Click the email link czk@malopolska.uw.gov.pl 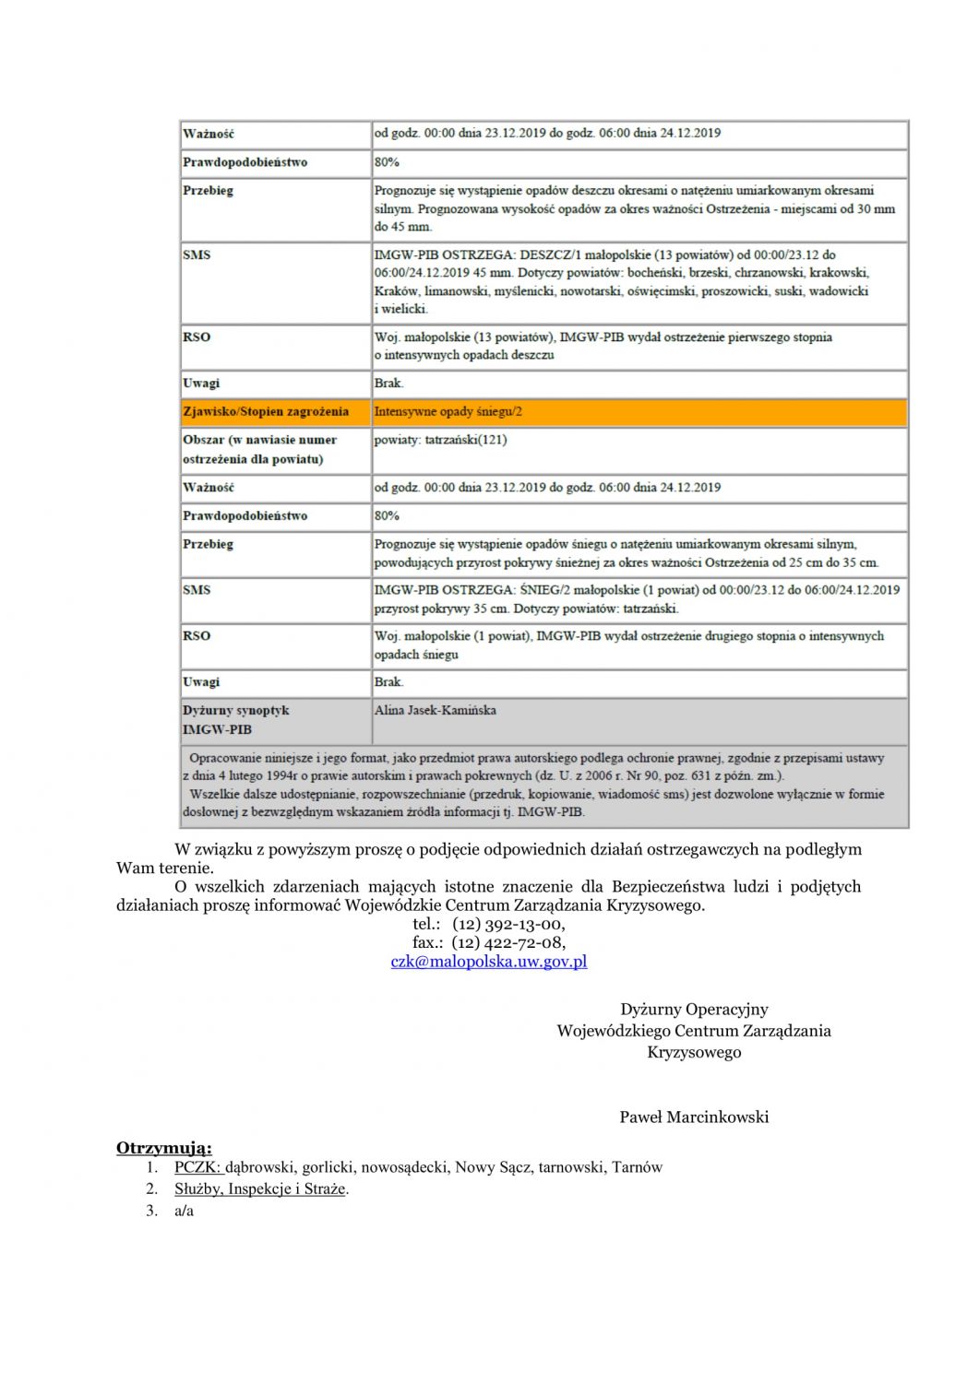[x=488, y=962]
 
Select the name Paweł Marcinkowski [x=694, y=1117]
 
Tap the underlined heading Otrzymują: [x=163, y=1148]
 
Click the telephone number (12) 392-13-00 [x=508, y=924]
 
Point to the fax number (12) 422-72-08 [x=508, y=942]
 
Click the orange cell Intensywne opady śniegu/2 [x=448, y=412]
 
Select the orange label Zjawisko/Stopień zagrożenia [x=266, y=412]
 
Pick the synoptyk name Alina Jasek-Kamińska [x=435, y=711]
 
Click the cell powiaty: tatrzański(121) [x=440, y=440]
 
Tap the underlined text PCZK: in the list [x=197, y=1167]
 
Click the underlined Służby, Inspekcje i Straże [x=260, y=1189]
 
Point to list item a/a [x=184, y=1212]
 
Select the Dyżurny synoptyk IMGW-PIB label [x=235, y=720]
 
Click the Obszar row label [x=259, y=449]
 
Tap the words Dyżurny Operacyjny [x=694, y=1010]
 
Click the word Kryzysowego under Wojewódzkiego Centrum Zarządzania [x=694, y=1053]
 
